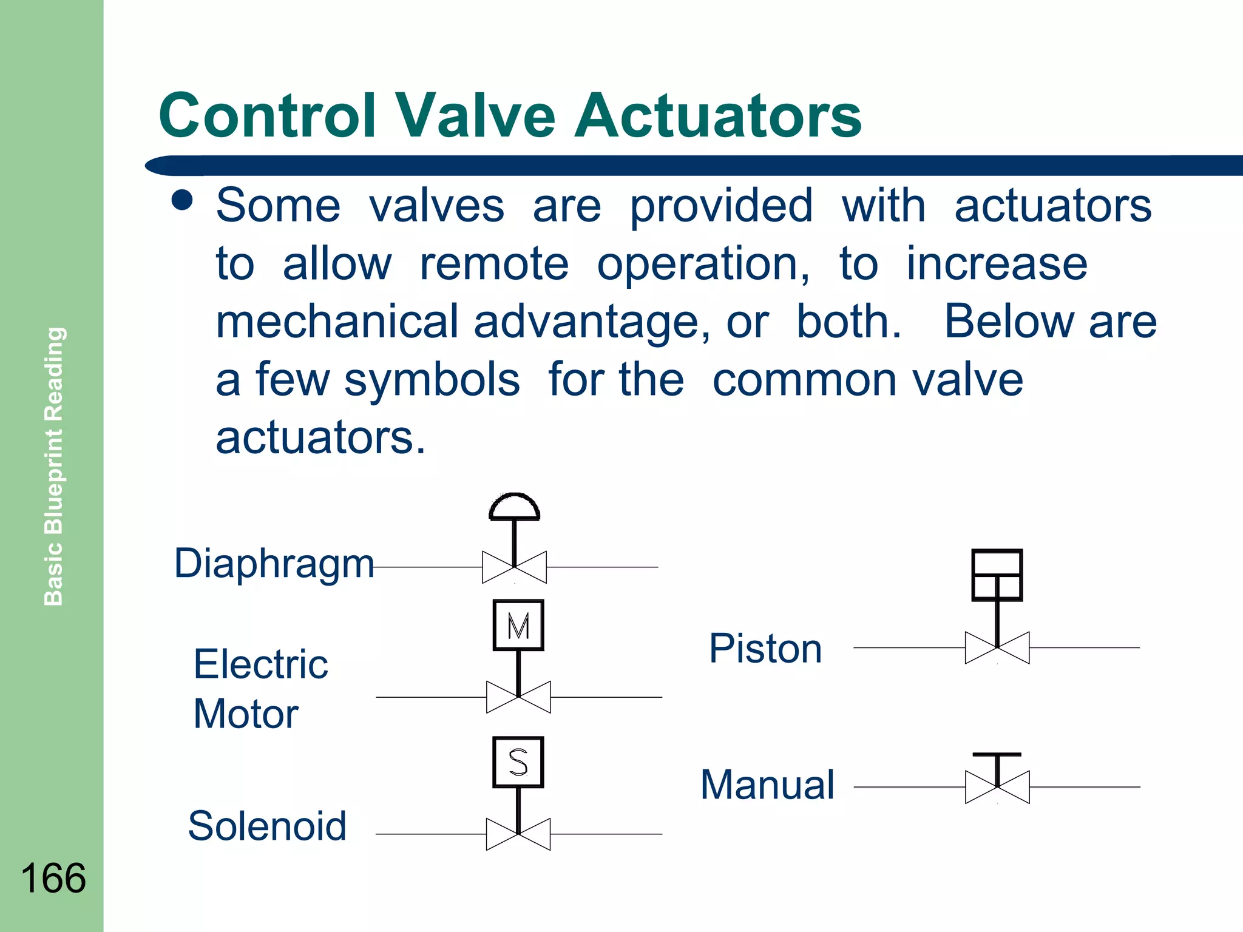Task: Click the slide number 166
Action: (53, 878)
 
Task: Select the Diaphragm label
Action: (274, 564)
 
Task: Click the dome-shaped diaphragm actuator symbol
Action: (514, 507)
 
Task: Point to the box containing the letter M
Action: (518, 625)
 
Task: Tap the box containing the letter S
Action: (518, 762)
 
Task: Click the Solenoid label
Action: (267, 826)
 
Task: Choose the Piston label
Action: (765, 649)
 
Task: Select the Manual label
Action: (768, 785)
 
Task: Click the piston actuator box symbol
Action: (997, 575)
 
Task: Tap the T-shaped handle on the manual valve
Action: (997, 756)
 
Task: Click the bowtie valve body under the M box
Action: (518, 697)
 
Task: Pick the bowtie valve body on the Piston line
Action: (997, 648)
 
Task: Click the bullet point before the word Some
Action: (181, 200)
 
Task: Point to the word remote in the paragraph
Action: (494, 264)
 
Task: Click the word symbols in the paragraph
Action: (432, 380)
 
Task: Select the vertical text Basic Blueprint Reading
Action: (54, 466)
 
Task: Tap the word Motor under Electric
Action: (246, 714)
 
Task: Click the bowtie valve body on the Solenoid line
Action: (518, 834)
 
